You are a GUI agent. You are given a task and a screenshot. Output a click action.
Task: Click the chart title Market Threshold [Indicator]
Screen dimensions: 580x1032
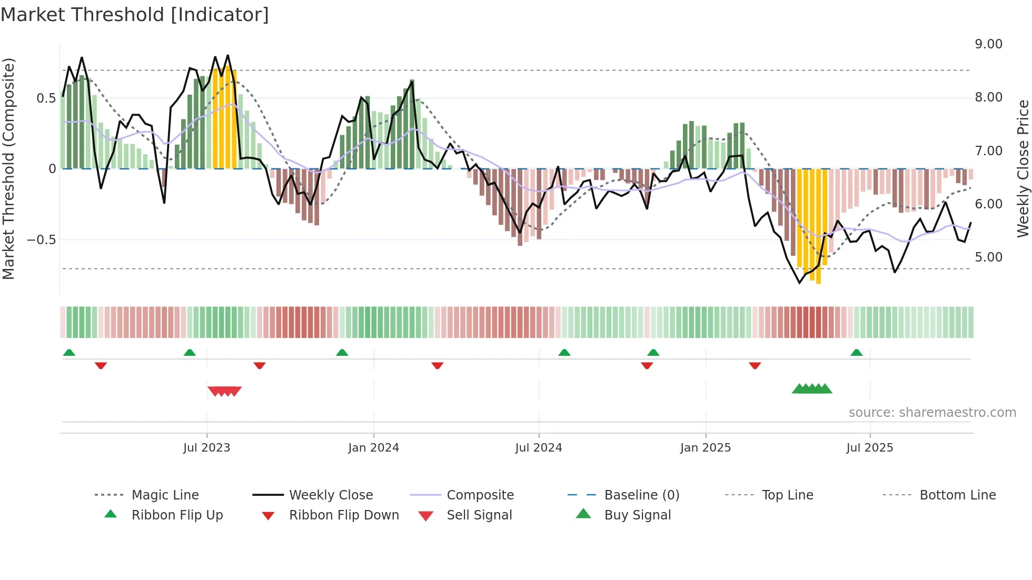pyautogui.click(x=135, y=15)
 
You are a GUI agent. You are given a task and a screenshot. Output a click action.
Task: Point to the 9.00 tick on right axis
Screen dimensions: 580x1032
pyautogui.click(x=988, y=44)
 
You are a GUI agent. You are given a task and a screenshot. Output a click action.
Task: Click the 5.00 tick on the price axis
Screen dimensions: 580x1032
pyautogui.click(x=988, y=257)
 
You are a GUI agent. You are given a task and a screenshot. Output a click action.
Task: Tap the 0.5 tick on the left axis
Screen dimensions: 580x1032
pyautogui.click(x=46, y=98)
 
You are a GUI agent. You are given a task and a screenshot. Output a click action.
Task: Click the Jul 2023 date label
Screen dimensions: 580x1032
pyautogui.click(x=206, y=448)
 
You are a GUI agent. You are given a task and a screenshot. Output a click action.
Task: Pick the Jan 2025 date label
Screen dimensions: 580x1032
pyautogui.click(x=705, y=448)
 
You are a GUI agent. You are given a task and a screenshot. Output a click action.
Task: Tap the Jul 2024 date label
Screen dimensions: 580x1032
pyautogui.click(x=538, y=448)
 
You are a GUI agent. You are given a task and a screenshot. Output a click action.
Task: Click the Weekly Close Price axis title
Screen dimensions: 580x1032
pyautogui.click(x=1022, y=168)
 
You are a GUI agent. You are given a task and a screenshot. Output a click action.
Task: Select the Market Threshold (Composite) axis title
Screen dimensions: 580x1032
pyautogui.click(x=8, y=168)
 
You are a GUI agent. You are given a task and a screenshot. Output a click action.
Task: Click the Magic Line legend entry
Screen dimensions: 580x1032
pyautogui.click(x=165, y=495)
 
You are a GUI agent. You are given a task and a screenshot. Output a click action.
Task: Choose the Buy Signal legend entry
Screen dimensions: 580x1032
pyautogui.click(x=637, y=515)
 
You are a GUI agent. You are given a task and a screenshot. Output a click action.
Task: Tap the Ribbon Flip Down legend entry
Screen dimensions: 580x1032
pyautogui.click(x=343, y=515)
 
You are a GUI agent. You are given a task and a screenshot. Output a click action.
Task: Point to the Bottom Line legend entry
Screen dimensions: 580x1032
pyautogui.click(x=957, y=495)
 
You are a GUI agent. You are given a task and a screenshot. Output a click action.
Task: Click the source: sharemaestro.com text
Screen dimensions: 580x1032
pyautogui.click(x=932, y=413)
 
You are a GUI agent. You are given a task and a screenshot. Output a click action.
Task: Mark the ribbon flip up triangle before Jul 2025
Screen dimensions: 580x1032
pyautogui.click(x=856, y=353)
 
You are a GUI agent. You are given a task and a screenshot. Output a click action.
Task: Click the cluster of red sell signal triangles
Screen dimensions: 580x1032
pyautogui.click(x=225, y=391)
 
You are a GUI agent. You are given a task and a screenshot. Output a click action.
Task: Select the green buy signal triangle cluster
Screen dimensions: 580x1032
pyautogui.click(x=812, y=389)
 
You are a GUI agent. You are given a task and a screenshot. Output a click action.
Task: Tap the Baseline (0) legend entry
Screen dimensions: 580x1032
pyautogui.click(x=641, y=495)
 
